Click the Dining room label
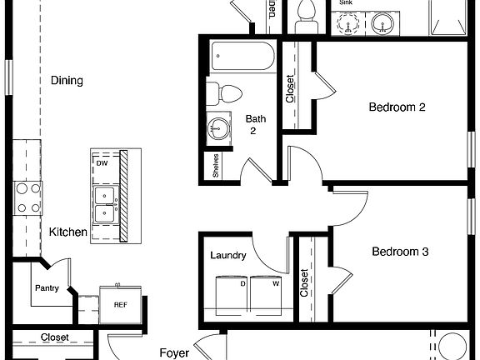[67, 81]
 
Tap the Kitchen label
[67, 232]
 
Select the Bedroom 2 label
[397, 107]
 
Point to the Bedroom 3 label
[399, 251]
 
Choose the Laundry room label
[228, 255]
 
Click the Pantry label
[47, 289]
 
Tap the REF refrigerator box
[120, 304]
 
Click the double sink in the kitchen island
[105, 205]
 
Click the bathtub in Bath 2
[242, 57]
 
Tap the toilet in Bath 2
[227, 91]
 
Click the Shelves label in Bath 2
[215, 165]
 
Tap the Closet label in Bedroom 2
[290, 89]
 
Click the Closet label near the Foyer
[55, 337]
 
